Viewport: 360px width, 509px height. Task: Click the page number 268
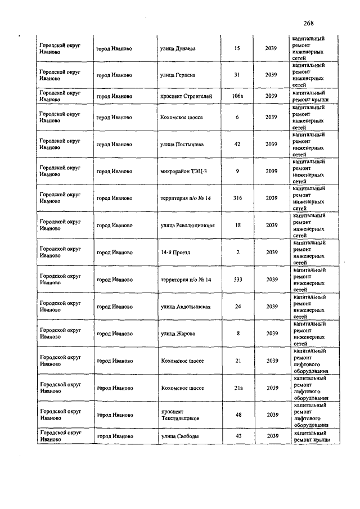point(308,23)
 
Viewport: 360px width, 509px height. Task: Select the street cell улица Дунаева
point(178,48)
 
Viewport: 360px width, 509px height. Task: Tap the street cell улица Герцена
point(177,75)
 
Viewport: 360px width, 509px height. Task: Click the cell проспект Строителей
point(186,96)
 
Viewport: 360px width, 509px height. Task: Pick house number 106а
point(237,96)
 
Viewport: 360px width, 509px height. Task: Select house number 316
point(237,198)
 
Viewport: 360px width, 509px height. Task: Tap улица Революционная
point(187,225)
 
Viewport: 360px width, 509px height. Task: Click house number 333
point(237,279)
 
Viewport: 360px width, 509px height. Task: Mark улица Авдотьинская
point(186,307)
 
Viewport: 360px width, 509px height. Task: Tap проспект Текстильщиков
point(179,415)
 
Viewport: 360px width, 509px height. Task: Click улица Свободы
point(179,436)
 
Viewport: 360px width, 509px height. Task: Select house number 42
point(237,144)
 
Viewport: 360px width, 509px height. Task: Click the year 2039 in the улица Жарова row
point(272,334)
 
